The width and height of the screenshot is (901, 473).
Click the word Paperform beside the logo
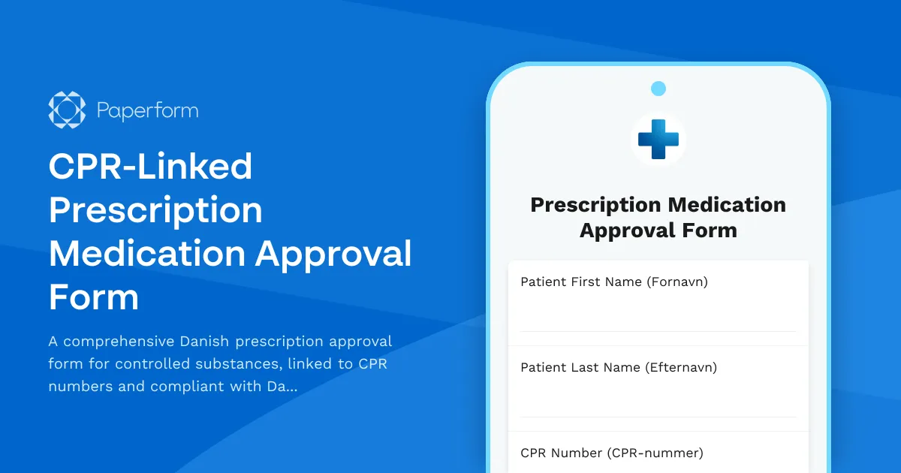pos(147,111)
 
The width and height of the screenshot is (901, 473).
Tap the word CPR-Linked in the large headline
pos(150,167)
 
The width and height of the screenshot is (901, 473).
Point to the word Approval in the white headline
pos(333,254)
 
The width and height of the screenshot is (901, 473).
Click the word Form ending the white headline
pos(94,297)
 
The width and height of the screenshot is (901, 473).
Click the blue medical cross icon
pos(658,139)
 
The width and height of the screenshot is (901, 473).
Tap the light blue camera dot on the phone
pos(658,89)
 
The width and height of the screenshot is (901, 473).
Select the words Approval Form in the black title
pos(658,230)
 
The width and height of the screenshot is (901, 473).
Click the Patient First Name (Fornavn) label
pos(613,282)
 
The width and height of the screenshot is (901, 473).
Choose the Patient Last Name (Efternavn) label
pos(618,368)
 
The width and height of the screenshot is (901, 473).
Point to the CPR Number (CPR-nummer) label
pos(611,453)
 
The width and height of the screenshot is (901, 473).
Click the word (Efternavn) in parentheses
pos(680,368)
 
